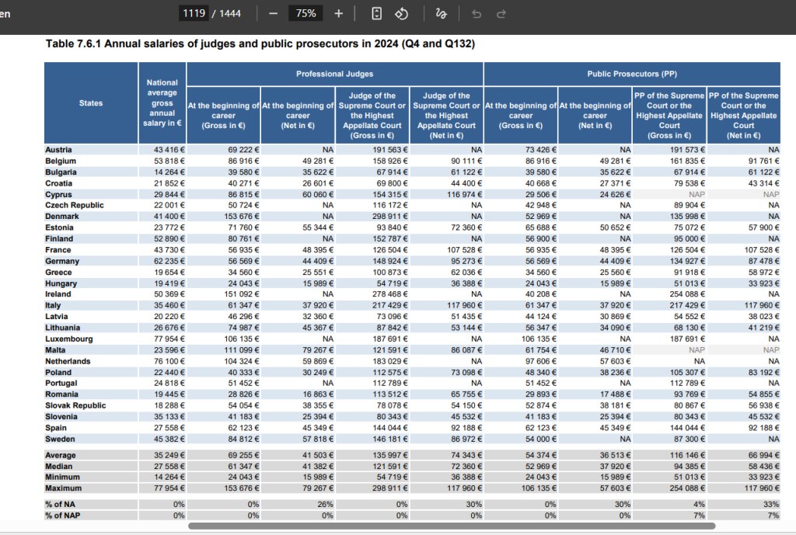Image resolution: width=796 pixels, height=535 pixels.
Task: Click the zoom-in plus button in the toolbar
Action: (339, 14)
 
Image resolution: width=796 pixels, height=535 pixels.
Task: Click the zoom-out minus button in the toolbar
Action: (273, 14)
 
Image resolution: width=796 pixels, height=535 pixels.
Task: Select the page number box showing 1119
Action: (194, 13)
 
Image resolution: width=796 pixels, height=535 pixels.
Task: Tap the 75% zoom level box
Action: (305, 13)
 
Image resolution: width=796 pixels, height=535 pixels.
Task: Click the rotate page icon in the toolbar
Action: (402, 14)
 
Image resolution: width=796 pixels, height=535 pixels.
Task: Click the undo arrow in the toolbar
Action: (477, 14)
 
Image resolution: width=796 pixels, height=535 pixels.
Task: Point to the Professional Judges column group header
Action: (334, 74)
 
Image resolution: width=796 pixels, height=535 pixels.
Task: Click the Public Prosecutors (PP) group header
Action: (632, 74)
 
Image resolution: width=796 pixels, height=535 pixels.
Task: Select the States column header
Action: (91, 103)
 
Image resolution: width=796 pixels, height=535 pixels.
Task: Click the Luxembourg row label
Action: (69, 339)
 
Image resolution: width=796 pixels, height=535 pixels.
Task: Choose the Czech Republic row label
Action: (75, 205)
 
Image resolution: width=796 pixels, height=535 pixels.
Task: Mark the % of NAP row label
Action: (62, 516)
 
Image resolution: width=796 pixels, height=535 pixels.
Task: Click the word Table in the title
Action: (60, 43)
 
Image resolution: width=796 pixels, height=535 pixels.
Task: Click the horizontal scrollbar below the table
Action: (452, 526)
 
